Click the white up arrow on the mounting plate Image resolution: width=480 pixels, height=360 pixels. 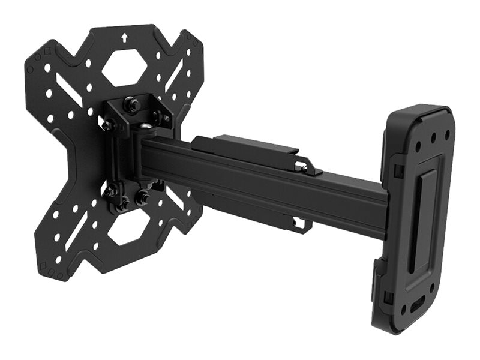[x=124, y=37]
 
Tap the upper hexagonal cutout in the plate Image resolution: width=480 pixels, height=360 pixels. [x=124, y=67]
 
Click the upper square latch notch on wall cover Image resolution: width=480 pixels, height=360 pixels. [x=397, y=170]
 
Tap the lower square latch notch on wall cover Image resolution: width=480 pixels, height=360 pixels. [x=386, y=296]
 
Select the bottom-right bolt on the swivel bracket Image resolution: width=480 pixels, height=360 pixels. [x=144, y=196]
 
